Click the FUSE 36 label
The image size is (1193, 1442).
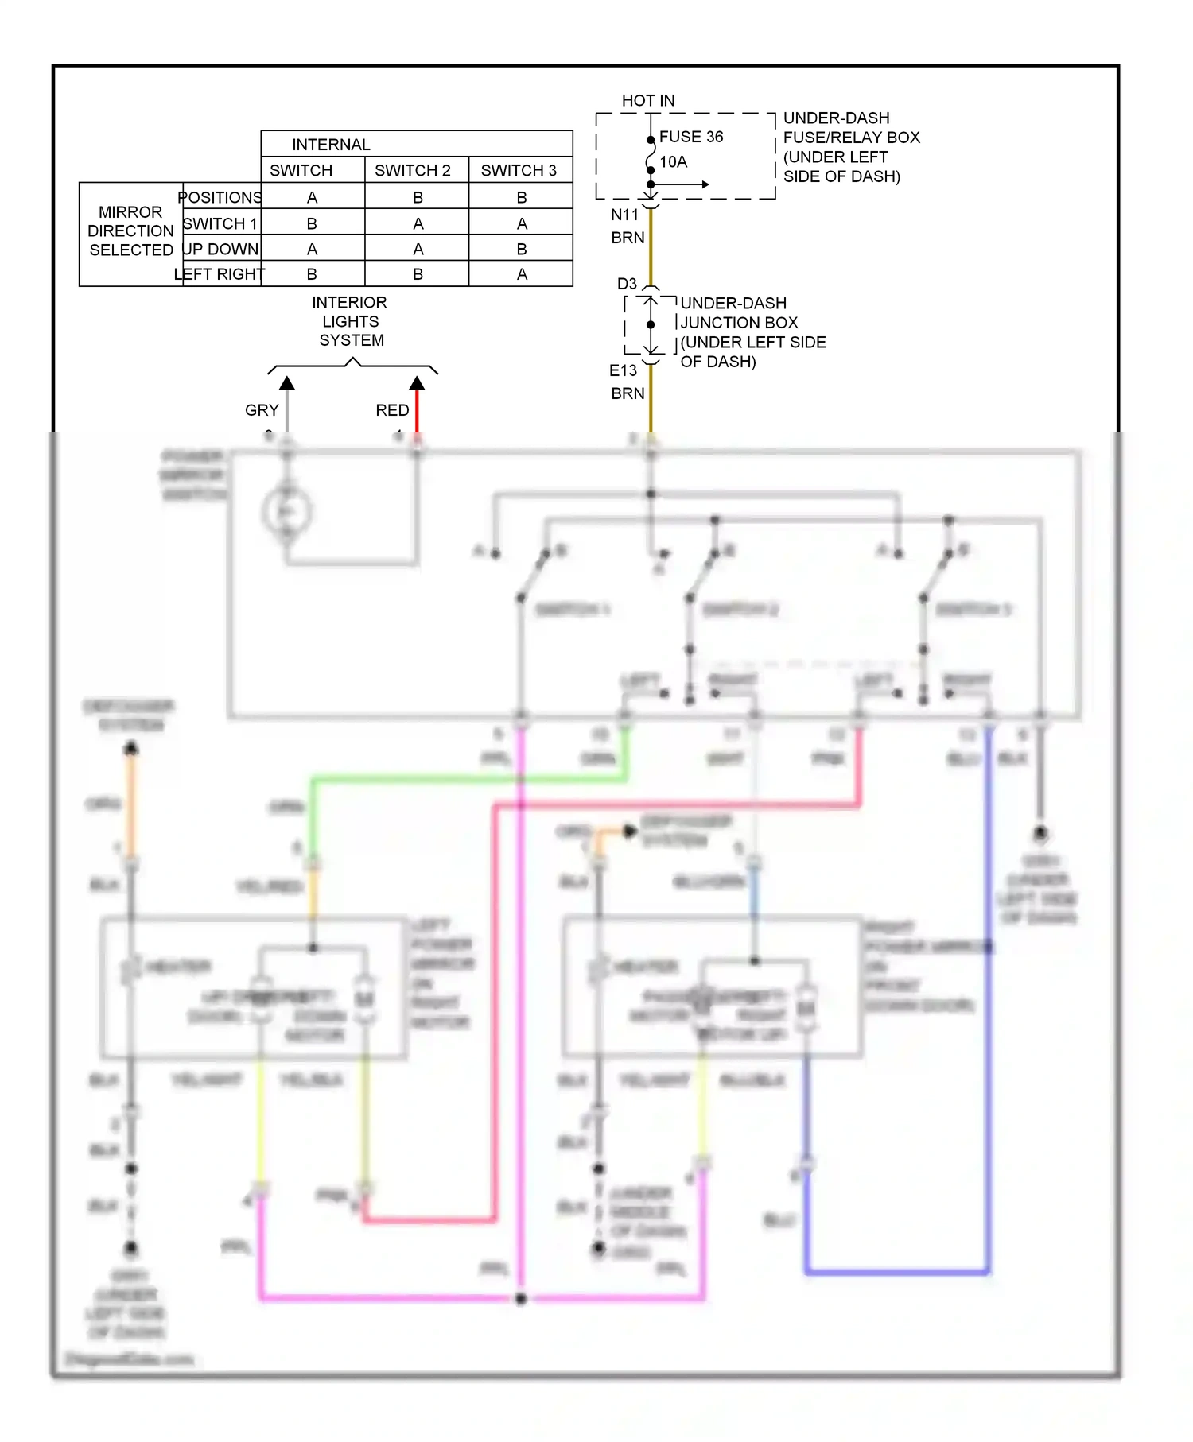tap(690, 137)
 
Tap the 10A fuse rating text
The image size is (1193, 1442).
tap(673, 162)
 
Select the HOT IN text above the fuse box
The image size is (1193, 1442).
tap(647, 101)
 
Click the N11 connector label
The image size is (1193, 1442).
tap(624, 215)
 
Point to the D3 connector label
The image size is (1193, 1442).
tap(627, 284)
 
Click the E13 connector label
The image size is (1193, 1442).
tap(623, 370)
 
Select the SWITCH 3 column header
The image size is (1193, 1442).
tap(518, 171)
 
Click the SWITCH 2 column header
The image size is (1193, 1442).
tap(412, 171)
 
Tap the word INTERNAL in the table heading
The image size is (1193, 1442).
tap(331, 145)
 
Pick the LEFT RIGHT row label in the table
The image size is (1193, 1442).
tap(219, 274)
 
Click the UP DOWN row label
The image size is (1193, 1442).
tap(220, 250)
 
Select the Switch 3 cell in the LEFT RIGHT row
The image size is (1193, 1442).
tap(521, 274)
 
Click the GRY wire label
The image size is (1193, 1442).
tap(262, 410)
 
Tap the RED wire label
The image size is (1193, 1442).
tap(392, 410)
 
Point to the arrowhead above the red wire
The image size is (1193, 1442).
tap(417, 384)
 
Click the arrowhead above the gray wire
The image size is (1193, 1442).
tap(287, 384)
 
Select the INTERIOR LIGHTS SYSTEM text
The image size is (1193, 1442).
tap(350, 321)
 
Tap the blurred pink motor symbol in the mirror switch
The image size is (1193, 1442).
tap(286, 512)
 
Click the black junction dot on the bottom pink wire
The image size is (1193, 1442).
tap(521, 1299)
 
